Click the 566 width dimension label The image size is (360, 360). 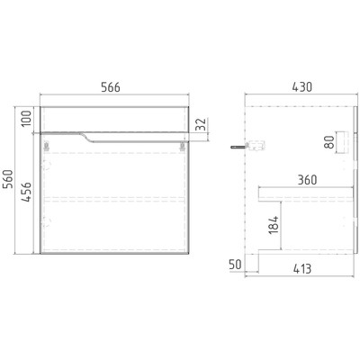coord(111,87)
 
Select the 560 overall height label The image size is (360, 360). coord(8,179)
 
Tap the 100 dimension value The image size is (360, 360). coord(27,118)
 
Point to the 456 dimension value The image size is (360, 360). coord(26,192)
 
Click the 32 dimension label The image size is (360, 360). coord(202,125)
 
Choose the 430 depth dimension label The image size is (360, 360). coord(301,87)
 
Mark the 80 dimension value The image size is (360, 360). coord(329,142)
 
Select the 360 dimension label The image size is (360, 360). coord(307,180)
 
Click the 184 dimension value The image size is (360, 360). coord(274,225)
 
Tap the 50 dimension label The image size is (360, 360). coord(235,265)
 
